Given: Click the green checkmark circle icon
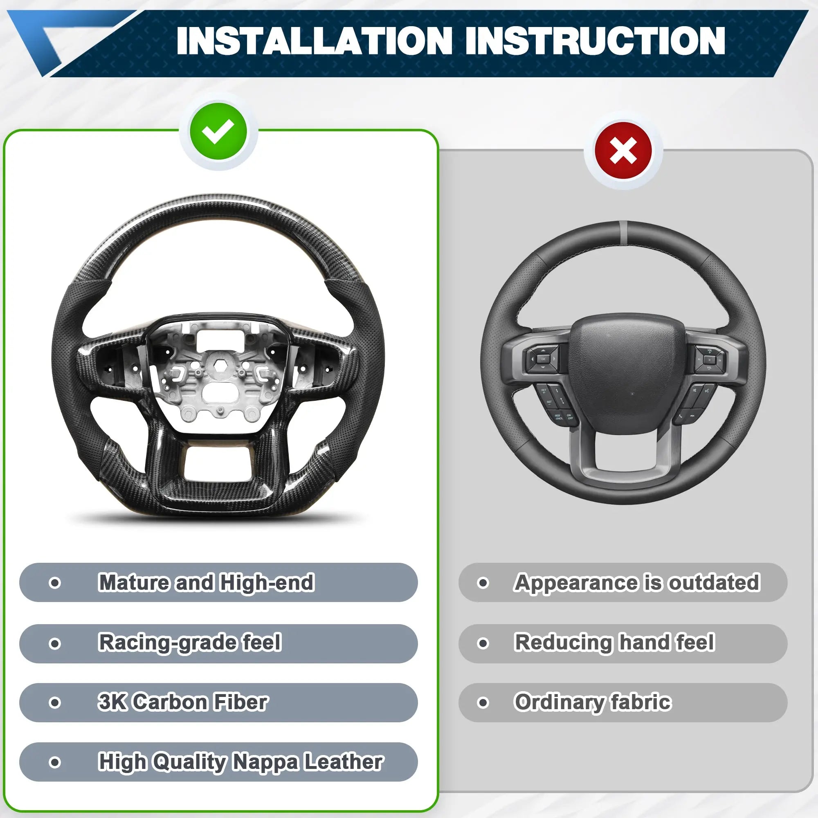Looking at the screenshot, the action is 218,131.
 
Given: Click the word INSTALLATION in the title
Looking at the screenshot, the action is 315,40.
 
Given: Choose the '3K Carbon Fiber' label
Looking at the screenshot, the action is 183,701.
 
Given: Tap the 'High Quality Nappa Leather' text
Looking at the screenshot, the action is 240,762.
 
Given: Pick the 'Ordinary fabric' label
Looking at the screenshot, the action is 593,702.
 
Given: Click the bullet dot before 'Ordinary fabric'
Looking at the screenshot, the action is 483,702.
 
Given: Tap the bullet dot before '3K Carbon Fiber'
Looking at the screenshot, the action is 55,702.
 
